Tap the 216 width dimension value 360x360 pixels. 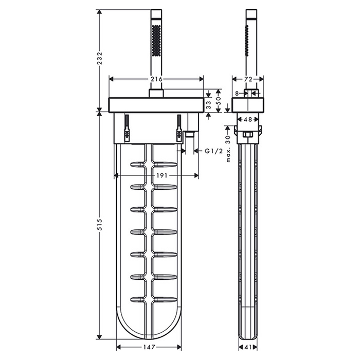156,79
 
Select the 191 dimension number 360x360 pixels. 162,176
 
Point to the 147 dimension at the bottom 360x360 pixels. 149,347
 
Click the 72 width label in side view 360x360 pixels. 248,79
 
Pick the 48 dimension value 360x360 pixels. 248,119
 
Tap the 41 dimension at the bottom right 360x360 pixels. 248,347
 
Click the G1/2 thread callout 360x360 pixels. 214,151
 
